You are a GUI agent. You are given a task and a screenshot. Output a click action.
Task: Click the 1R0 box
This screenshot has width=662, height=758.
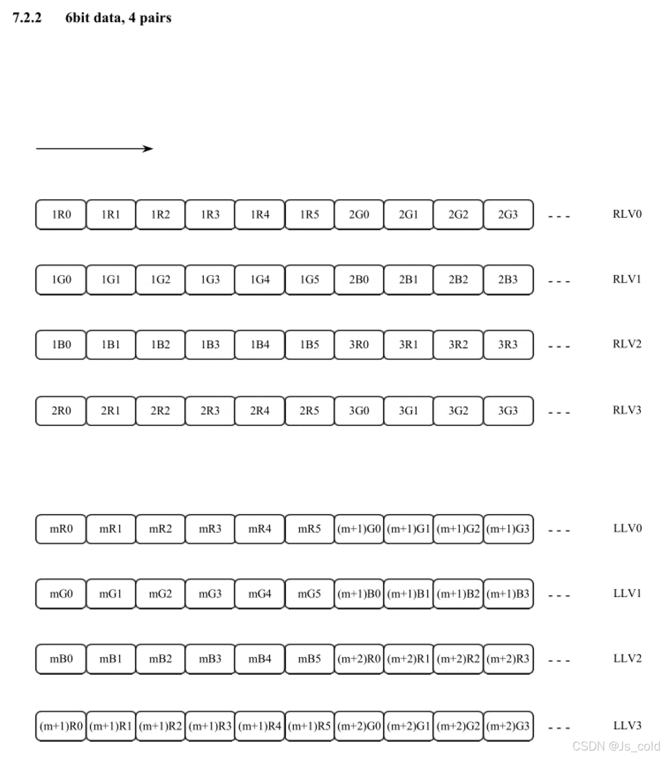(x=61, y=214)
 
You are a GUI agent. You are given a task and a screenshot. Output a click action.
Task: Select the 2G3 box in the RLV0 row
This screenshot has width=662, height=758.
(x=508, y=214)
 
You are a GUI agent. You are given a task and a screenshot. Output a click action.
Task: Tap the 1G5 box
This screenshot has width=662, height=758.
(x=309, y=279)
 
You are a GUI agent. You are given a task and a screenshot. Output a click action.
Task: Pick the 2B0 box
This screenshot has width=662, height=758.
(x=359, y=279)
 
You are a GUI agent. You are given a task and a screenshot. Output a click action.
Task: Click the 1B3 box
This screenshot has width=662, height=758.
(x=210, y=345)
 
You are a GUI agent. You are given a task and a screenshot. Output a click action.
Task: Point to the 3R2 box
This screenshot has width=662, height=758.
(x=458, y=345)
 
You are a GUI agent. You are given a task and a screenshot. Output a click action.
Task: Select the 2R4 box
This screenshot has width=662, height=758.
(x=260, y=411)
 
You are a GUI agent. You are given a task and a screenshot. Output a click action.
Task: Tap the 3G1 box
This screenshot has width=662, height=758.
(x=408, y=411)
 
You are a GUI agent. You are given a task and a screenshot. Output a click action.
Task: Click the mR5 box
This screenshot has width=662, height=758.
(x=309, y=529)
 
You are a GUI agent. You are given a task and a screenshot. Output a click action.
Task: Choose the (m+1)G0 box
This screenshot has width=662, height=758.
(x=359, y=529)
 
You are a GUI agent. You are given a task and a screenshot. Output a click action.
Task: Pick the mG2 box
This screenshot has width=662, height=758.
(x=160, y=594)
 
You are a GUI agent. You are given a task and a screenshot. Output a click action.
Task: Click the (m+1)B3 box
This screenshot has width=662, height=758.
(x=508, y=594)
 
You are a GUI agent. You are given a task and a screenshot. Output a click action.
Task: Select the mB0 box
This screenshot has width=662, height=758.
(x=61, y=659)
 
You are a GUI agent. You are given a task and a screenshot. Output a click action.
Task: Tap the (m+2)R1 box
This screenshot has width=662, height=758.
(x=408, y=659)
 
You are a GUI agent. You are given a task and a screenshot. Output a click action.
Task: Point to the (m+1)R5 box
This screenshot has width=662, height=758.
(x=309, y=726)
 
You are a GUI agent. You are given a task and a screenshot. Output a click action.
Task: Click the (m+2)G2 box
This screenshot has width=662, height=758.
(x=458, y=726)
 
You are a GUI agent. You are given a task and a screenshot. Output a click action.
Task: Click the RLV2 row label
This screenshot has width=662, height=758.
(x=627, y=344)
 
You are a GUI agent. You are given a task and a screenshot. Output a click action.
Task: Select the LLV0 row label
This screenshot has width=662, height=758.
(x=627, y=528)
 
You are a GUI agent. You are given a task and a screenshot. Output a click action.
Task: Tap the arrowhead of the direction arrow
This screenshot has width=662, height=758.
(x=149, y=149)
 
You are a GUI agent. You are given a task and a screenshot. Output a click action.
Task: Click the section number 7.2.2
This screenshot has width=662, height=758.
(x=27, y=18)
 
